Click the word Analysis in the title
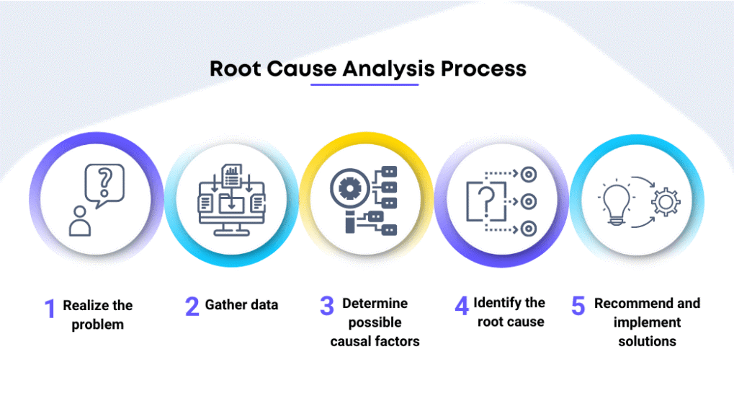(x=389, y=69)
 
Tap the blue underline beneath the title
(x=364, y=85)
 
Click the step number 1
(x=50, y=309)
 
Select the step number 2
(x=192, y=306)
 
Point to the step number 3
(x=328, y=306)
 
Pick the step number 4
(x=462, y=306)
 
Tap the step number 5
(x=578, y=306)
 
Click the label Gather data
(x=241, y=305)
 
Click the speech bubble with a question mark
(x=104, y=183)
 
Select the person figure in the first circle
(x=80, y=221)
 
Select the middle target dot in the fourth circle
(x=528, y=201)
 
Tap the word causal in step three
(x=354, y=341)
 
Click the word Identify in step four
(x=498, y=303)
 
